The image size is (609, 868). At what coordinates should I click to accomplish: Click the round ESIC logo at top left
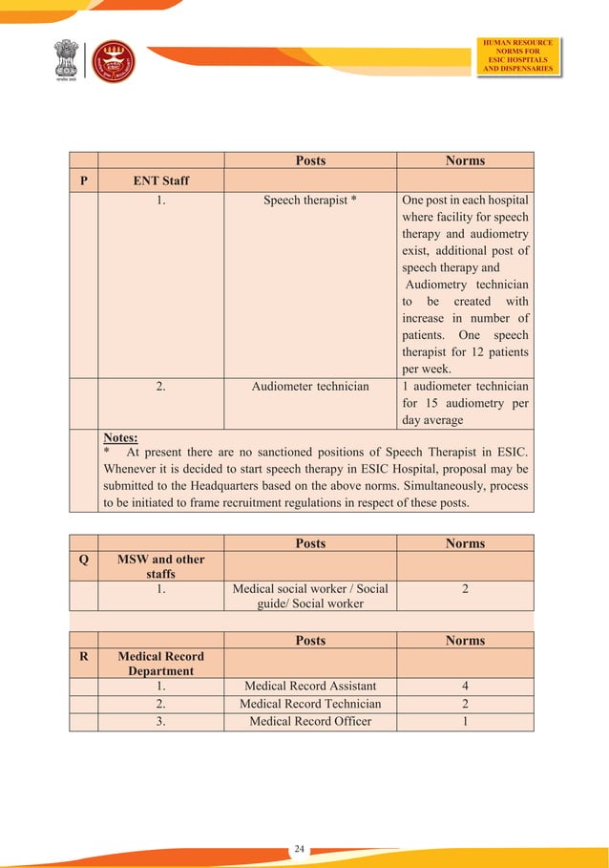pyautogui.click(x=113, y=62)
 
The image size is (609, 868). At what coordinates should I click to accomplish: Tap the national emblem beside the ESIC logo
pyautogui.click(x=68, y=62)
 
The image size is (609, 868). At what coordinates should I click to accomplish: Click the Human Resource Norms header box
pyautogui.click(x=518, y=55)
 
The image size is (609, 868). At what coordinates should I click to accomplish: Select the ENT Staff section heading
pyautogui.click(x=161, y=180)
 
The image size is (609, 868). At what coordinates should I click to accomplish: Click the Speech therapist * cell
pyautogui.click(x=310, y=201)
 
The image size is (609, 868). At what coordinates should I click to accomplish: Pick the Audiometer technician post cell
pyautogui.click(x=310, y=387)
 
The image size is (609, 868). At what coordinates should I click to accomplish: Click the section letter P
pyautogui.click(x=84, y=180)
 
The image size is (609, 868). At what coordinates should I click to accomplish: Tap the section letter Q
pyautogui.click(x=84, y=560)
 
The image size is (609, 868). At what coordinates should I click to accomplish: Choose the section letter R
pyautogui.click(x=84, y=657)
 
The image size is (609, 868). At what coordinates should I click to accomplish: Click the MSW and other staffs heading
pyautogui.click(x=161, y=566)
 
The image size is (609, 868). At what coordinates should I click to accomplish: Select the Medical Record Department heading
pyautogui.click(x=161, y=664)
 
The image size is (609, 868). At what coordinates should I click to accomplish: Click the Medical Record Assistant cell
pyautogui.click(x=310, y=686)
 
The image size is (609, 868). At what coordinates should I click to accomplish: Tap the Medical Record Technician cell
pyautogui.click(x=310, y=704)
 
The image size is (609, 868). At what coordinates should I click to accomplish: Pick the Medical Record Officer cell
pyautogui.click(x=310, y=721)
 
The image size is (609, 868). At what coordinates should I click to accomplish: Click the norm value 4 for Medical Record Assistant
pyautogui.click(x=465, y=686)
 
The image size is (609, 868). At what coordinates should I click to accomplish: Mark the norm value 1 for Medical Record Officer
pyautogui.click(x=465, y=721)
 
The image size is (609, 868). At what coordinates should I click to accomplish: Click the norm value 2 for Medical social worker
pyautogui.click(x=465, y=589)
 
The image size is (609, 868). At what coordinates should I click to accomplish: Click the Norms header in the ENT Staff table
pyautogui.click(x=465, y=160)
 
